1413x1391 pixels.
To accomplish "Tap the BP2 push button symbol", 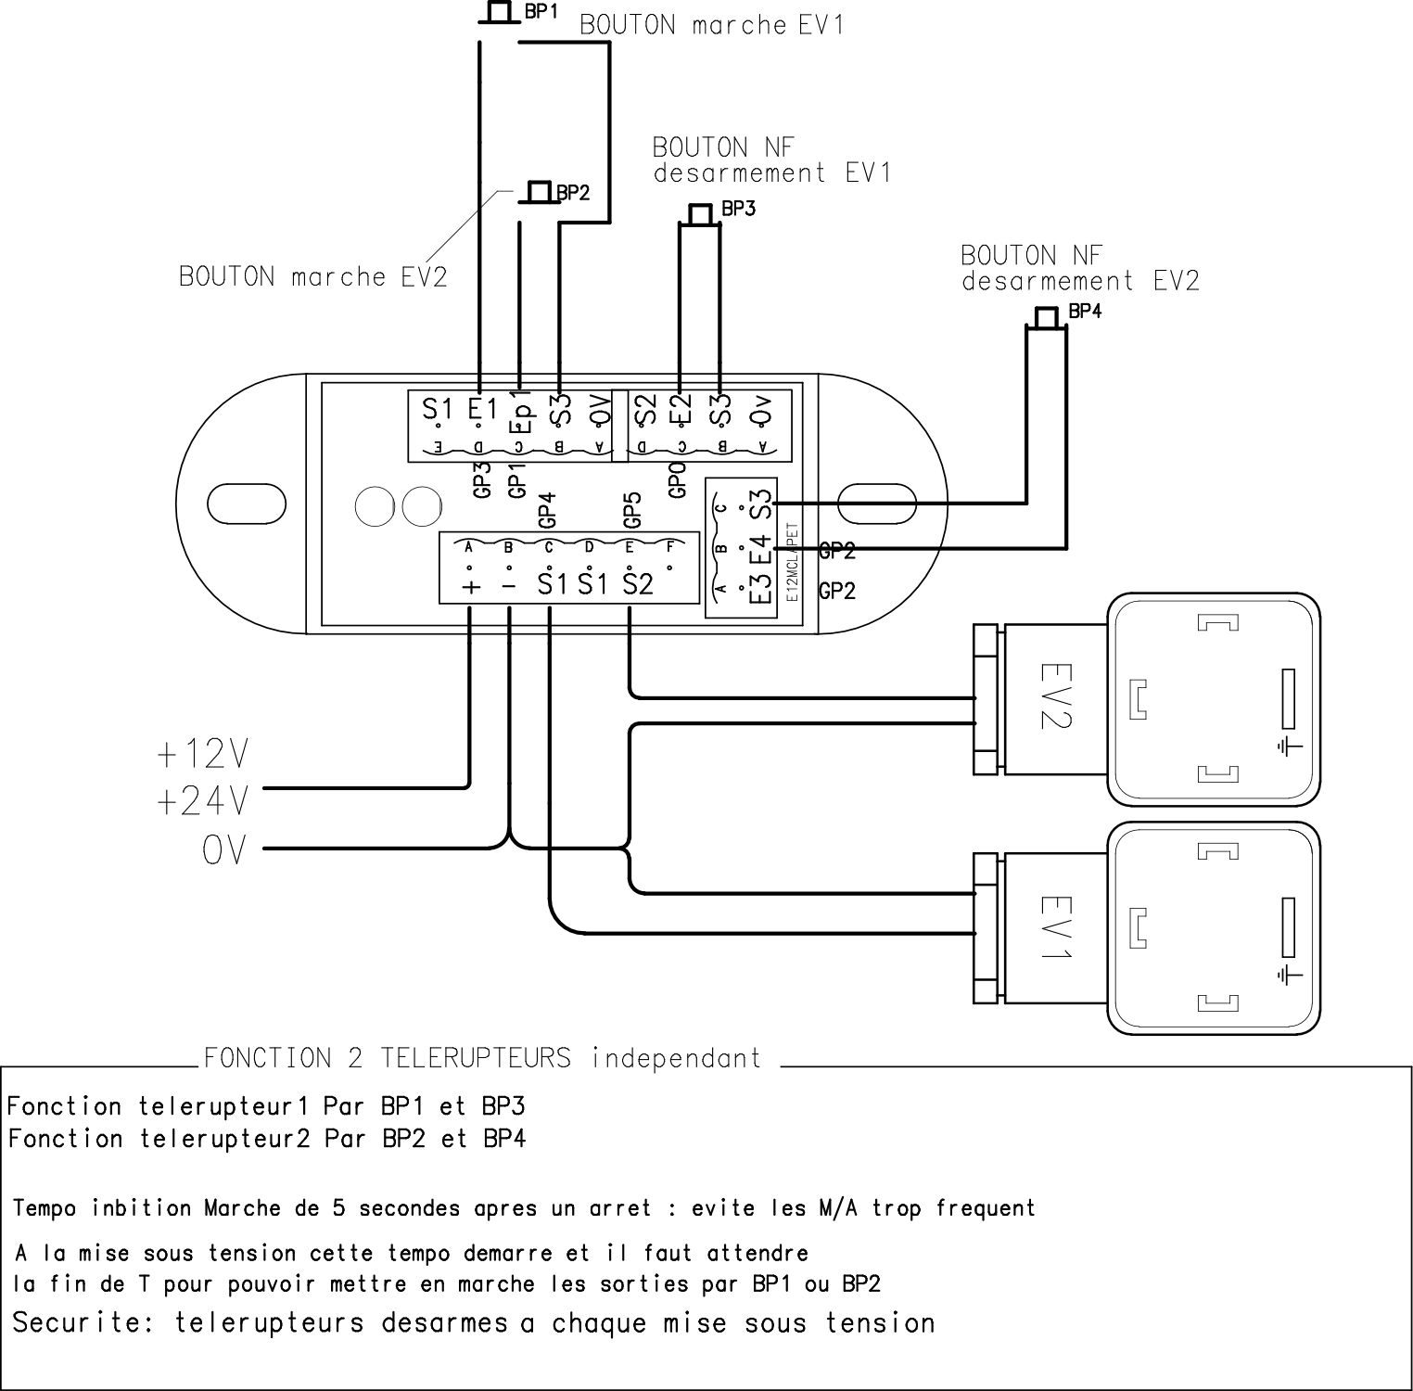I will [538, 193].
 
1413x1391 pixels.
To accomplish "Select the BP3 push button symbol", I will [700, 214].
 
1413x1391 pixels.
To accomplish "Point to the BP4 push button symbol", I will [1046, 318].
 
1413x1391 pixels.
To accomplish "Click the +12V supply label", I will [203, 755].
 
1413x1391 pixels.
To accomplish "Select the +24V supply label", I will [203, 800].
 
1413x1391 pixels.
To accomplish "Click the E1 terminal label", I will [482, 409].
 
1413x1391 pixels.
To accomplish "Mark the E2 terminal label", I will [682, 408].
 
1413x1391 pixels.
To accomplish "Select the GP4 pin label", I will [547, 509].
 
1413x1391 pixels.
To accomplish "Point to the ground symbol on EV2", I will [1290, 746].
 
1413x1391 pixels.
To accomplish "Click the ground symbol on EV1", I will [1290, 974].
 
